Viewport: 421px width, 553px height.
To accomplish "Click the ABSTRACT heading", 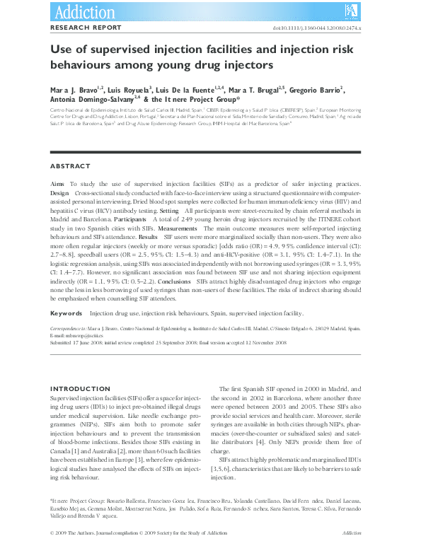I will click(x=70, y=166).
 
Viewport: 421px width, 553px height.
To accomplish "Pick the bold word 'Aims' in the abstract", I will click(x=57, y=184).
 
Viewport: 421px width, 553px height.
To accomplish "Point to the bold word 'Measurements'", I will click(x=178, y=229).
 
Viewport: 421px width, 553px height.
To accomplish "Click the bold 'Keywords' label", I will click(x=65, y=313).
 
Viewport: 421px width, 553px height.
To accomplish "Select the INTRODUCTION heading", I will click(x=81, y=390).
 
